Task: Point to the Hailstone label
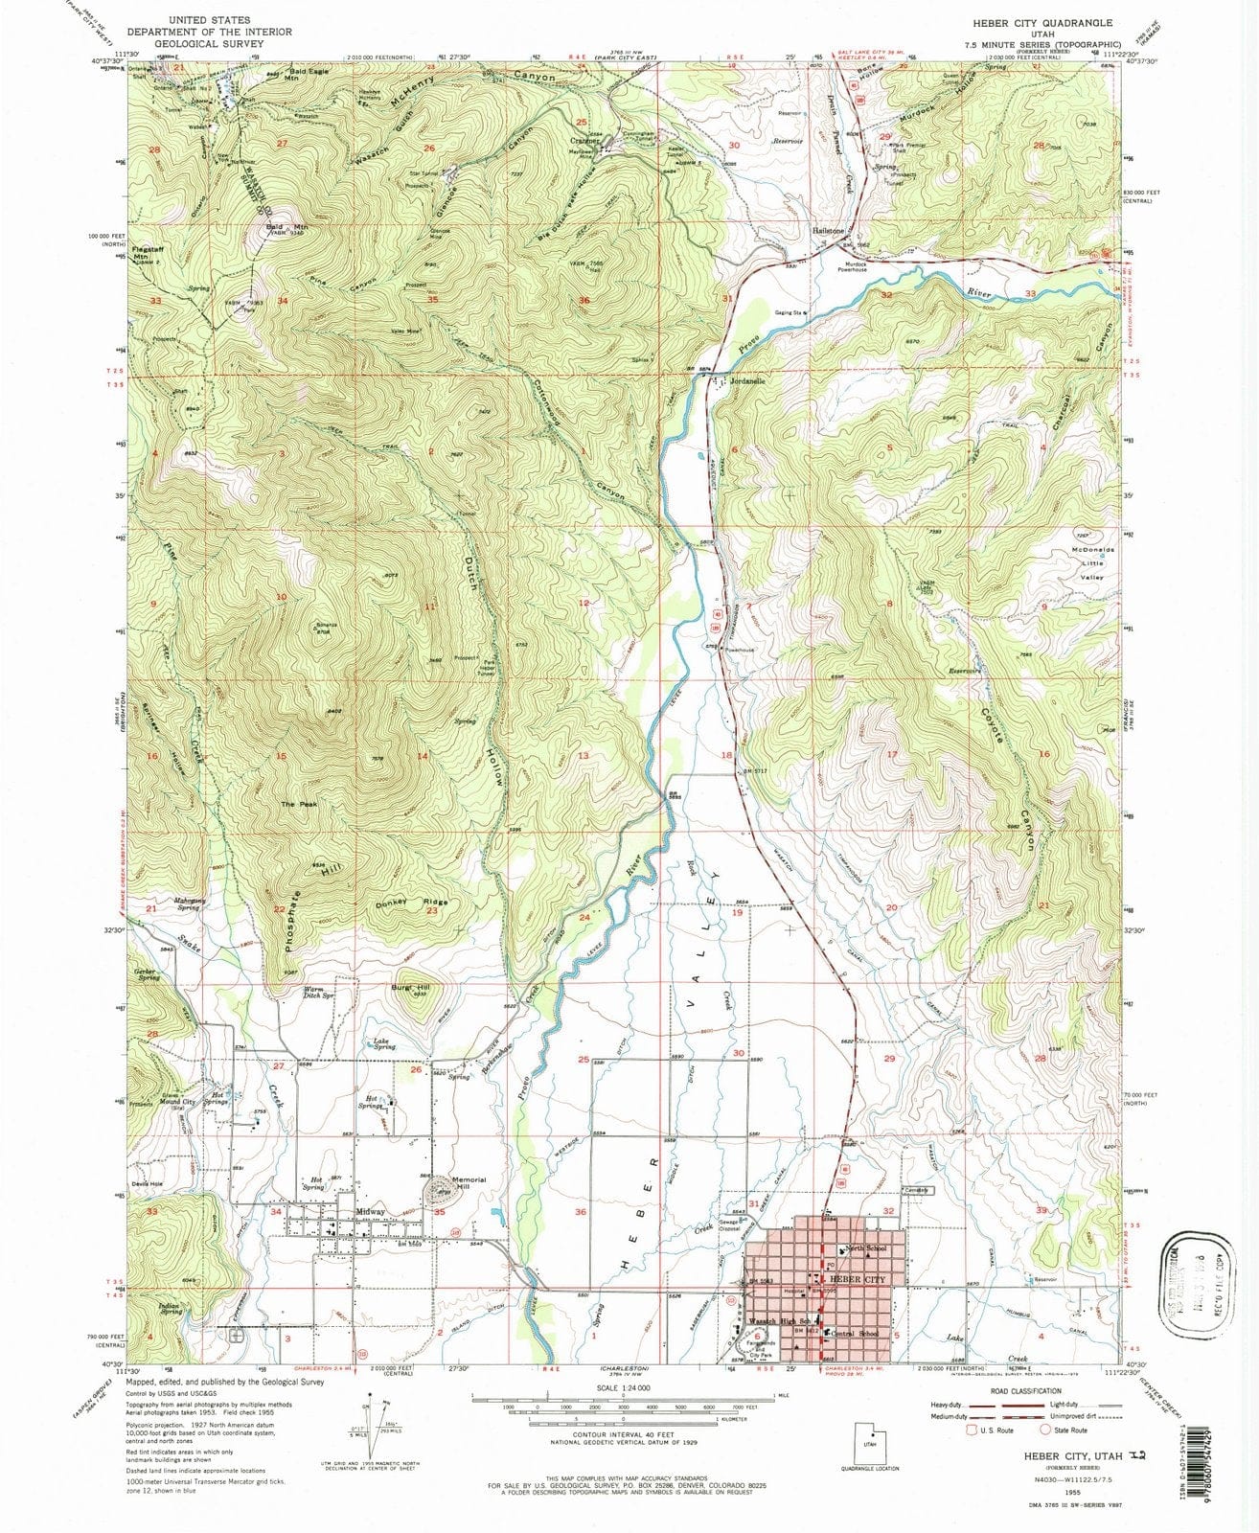click(x=830, y=232)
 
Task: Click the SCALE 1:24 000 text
click(x=623, y=1387)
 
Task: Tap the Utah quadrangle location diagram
click(x=870, y=1443)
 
